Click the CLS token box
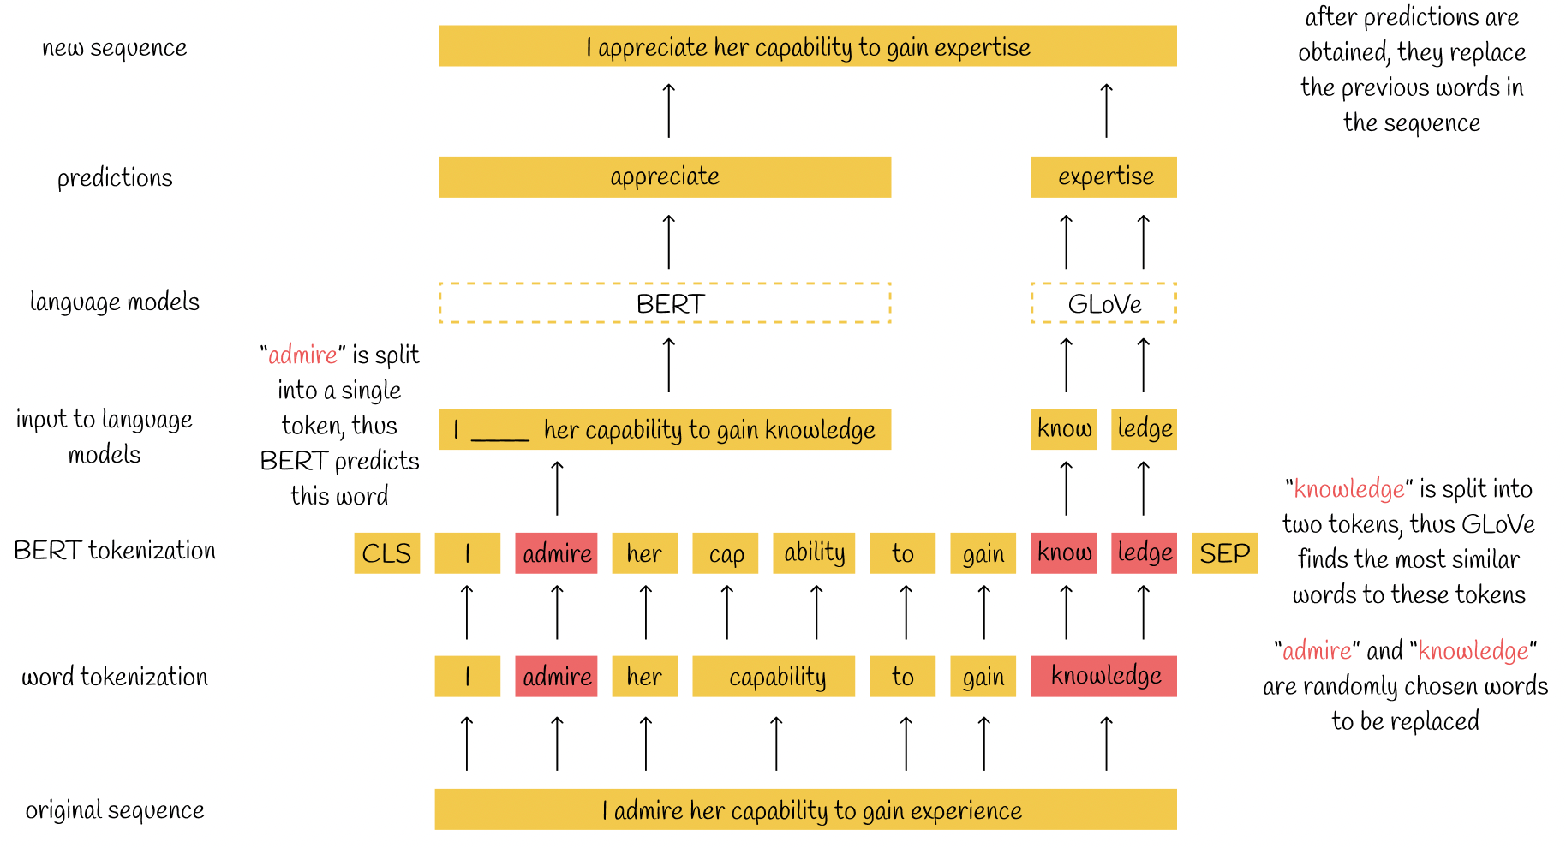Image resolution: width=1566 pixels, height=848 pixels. (x=387, y=552)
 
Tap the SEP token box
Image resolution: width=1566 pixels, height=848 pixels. (x=1224, y=552)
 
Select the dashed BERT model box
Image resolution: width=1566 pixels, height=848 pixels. (x=665, y=303)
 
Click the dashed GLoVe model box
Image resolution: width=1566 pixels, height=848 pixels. (x=1103, y=303)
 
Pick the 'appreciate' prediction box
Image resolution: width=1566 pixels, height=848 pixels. (x=665, y=177)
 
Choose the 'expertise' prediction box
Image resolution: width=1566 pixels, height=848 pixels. (x=1103, y=177)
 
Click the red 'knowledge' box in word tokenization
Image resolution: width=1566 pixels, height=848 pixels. (x=1103, y=676)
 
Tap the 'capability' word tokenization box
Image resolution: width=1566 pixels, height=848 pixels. (x=774, y=676)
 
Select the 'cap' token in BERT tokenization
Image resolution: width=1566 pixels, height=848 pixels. (x=726, y=552)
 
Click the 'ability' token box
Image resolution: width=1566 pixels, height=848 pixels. (x=814, y=552)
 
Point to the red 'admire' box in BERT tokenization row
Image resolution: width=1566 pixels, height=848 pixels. (x=556, y=552)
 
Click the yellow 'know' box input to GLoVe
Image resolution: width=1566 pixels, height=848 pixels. (x=1064, y=429)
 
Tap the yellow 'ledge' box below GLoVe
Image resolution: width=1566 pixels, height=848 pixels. (x=1145, y=429)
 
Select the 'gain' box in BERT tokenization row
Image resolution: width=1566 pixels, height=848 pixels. (x=983, y=552)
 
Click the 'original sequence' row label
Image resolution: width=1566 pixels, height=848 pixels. (x=115, y=809)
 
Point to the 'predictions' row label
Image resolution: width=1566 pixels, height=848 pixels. (x=115, y=177)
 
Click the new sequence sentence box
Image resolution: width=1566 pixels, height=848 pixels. (x=808, y=46)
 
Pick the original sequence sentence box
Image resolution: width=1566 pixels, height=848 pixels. (x=806, y=809)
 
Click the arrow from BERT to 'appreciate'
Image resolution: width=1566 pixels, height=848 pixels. (x=669, y=242)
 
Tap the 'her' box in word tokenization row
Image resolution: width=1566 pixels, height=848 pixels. (x=645, y=676)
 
